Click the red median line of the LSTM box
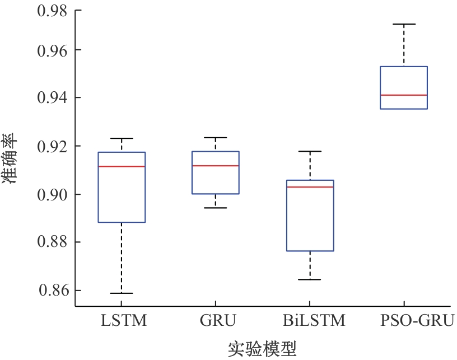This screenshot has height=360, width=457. coord(122,166)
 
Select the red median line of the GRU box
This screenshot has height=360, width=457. coord(216,166)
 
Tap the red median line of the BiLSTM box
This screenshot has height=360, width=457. coord(310,187)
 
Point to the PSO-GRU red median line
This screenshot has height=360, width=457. coord(404,95)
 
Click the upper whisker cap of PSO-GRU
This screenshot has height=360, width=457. coord(404,24)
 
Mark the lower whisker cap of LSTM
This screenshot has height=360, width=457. coord(122,293)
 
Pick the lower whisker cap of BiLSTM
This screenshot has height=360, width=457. coord(310,279)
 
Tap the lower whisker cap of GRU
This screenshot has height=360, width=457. coord(216,208)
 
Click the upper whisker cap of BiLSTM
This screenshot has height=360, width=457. coord(310,152)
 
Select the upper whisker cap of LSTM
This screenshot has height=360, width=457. coord(122,138)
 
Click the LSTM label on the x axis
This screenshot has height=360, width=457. coord(124,321)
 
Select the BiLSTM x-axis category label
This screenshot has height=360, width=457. coord(314,321)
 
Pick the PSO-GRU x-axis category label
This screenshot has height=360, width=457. coord(417,321)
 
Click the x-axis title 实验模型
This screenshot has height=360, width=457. coord(262,349)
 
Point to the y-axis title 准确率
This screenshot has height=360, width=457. coord(10,159)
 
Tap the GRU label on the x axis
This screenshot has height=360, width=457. coord(218,321)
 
